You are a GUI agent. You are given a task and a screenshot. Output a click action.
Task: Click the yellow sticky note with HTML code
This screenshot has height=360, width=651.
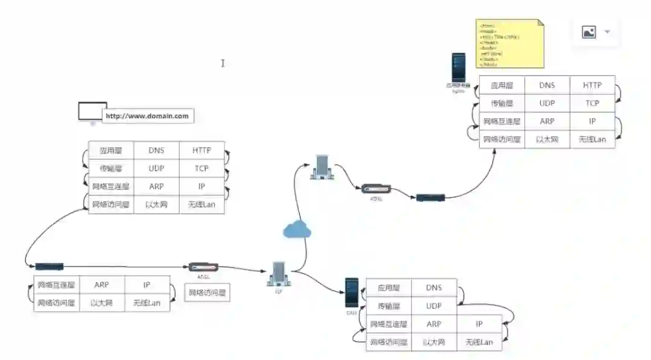click(x=510, y=45)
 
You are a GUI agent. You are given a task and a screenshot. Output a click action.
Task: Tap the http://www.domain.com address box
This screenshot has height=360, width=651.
click(x=148, y=116)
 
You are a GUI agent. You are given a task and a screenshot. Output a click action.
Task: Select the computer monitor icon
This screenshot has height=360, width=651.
click(x=92, y=112)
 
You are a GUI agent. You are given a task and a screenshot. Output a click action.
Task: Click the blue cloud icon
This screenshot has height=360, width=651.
click(x=297, y=229)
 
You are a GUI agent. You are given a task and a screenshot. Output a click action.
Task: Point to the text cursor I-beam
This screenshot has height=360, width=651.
click(x=222, y=63)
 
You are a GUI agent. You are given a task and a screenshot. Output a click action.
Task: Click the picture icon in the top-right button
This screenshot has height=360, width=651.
click(x=588, y=32)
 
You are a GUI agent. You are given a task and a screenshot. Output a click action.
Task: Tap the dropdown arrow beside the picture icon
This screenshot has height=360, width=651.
click(x=607, y=32)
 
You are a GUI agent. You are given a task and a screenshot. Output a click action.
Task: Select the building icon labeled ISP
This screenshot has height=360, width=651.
click(x=278, y=274)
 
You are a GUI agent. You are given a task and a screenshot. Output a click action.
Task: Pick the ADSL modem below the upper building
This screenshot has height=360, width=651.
click(x=376, y=189)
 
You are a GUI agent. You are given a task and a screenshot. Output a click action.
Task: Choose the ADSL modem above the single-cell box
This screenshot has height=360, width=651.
click(x=203, y=267)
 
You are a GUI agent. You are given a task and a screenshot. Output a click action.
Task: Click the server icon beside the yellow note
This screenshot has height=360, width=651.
click(x=459, y=68)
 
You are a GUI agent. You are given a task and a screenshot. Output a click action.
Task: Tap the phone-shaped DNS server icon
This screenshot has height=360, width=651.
click(x=351, y=292)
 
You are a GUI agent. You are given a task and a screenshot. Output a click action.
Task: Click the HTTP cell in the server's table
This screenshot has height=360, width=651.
click(x=592, y=86)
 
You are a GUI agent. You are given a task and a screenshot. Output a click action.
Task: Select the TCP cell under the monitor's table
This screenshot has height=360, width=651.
click(x=201, y=168)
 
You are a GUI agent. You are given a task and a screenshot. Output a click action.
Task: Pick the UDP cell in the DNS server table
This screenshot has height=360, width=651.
click(x=433, y=306)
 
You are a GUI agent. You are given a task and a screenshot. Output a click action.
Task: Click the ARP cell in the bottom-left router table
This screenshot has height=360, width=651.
click(x=102, y=285)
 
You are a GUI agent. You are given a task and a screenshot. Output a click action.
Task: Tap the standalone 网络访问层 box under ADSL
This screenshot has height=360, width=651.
click(x=207, y=293)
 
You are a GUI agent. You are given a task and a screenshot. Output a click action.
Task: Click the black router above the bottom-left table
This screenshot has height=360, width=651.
click(x=49, y=266)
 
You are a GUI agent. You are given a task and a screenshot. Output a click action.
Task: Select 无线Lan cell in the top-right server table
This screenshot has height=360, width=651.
click(x=592, y=139)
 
